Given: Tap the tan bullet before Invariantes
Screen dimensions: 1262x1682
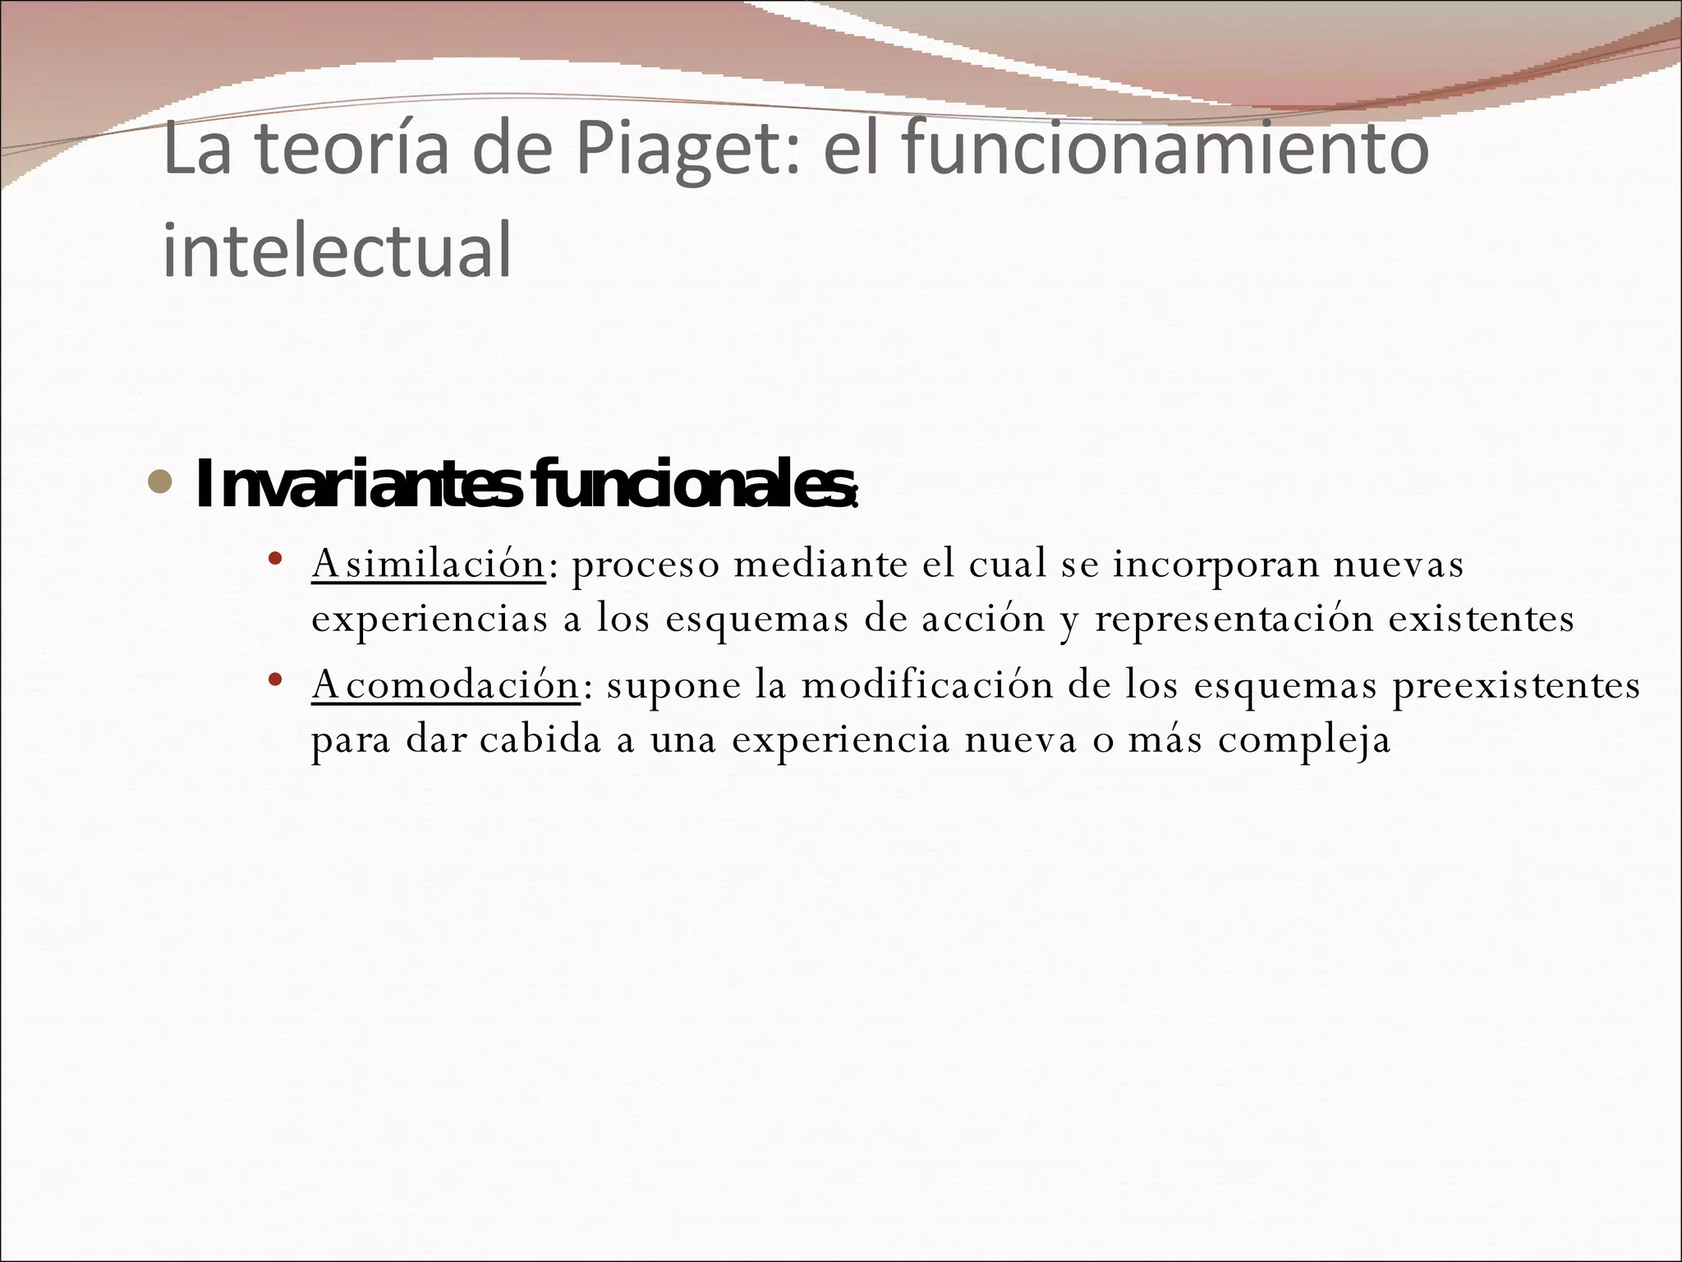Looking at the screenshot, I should click(x=160, y=482).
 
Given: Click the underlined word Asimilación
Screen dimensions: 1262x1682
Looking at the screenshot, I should click(x=428, y=564).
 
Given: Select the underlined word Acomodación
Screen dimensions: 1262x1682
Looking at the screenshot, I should click(x=445, y=685).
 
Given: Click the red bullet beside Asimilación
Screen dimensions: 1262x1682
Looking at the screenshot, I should click(x=275, y=560).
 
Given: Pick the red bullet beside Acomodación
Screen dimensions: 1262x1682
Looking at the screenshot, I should click(x=275, y=680).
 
